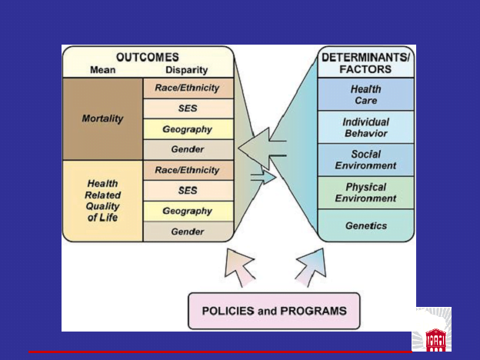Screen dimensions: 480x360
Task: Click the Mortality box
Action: pos(102,118)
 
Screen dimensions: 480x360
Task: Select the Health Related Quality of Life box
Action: pos(102,201)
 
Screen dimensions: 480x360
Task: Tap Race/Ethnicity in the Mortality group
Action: pos(188,88)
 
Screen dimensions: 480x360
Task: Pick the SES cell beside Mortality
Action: pos(188,108)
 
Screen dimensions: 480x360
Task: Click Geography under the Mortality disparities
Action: pos(188,129)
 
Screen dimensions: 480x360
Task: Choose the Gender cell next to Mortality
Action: pos(188,150)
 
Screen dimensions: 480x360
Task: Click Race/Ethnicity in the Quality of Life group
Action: pos(188,170)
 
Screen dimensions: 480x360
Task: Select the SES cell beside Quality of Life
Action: pos(188,191)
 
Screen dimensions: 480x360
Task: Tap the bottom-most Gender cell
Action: pos(188,232)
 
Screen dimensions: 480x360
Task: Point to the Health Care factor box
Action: pos(366,95)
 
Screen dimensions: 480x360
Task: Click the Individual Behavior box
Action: pos(366,127)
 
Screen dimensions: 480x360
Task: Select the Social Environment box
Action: pos(366,160)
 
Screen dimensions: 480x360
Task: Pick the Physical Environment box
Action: pos(366,193)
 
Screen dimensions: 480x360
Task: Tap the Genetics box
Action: pos(366,225)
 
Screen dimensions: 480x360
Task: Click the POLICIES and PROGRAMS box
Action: pos(274,311)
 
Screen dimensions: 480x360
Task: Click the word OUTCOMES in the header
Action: pos(147,57)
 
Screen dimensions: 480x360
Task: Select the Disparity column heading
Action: pos(187,70)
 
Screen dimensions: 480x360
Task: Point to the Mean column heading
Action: pos(103,70)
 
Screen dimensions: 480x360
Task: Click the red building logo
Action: pos(436,340)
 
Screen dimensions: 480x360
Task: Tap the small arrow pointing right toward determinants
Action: pos(263,177)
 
